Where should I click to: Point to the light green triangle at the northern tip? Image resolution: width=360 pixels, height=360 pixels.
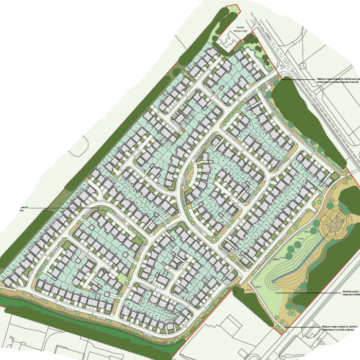click(x=231, y=11)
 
